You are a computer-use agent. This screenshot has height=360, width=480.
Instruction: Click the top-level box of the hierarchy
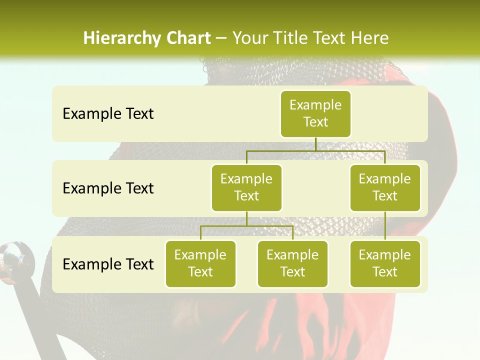coord(315,113)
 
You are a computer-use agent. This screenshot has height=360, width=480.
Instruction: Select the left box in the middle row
coord(246,187)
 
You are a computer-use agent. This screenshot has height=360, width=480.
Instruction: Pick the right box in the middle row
coord(385,187)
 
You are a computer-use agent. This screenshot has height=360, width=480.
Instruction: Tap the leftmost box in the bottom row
coord(200,263)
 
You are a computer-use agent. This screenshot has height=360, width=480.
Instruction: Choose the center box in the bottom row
coord(292,263)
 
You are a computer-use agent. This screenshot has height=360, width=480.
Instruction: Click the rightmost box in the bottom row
coord(385,263)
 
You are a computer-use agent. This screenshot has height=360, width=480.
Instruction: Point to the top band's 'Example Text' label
coord(108,113)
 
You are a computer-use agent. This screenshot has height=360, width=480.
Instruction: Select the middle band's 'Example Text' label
coord(108,188)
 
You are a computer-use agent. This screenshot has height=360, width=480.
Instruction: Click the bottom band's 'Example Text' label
coord(108,264)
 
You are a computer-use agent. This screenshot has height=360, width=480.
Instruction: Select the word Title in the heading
coord(290,38)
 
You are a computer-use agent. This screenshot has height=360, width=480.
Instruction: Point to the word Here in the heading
coord(370,38)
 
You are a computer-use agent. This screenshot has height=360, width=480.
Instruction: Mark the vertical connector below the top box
coord(315,144)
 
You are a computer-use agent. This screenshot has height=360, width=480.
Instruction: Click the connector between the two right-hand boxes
coord(385,225)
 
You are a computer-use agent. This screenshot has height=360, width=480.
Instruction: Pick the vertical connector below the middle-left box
coord(246,218)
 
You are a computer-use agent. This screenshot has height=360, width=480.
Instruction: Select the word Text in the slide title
coord(331,38)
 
